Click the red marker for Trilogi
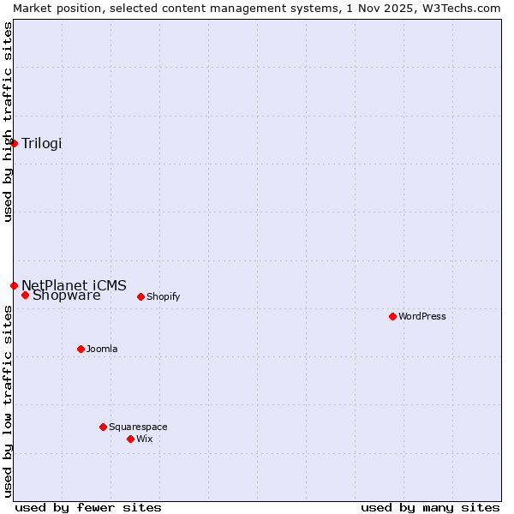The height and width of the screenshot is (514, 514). tap(14, 143)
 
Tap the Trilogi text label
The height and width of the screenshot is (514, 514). tap(42, 143)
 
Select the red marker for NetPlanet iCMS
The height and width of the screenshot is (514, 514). tap(14, 285)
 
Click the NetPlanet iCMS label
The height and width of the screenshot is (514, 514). tap(74, 285)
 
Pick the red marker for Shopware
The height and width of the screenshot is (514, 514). tap(25, 296)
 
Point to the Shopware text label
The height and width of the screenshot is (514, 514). tap(66, 296)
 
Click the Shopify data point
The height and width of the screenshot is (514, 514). tap(140, 297)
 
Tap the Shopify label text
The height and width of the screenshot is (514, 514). tap(163, 297)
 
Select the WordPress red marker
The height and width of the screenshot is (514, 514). tap(392, 316)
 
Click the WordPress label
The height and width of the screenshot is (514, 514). tap(421, 316)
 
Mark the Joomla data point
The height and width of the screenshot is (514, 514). tap(81, 349)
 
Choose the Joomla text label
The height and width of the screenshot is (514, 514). tap(102, 349)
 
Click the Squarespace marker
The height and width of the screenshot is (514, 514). tap(103, 427)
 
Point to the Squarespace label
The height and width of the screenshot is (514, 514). tap(138, 427)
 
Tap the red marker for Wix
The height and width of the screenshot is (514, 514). tap(130, 439)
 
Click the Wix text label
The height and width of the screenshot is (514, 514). tap(144, 439)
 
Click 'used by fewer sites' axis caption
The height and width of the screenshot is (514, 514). tap(88, 507)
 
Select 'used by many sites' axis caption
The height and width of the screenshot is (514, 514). tap(430, 507)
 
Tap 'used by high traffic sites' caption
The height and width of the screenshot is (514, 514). tap(8, 122)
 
